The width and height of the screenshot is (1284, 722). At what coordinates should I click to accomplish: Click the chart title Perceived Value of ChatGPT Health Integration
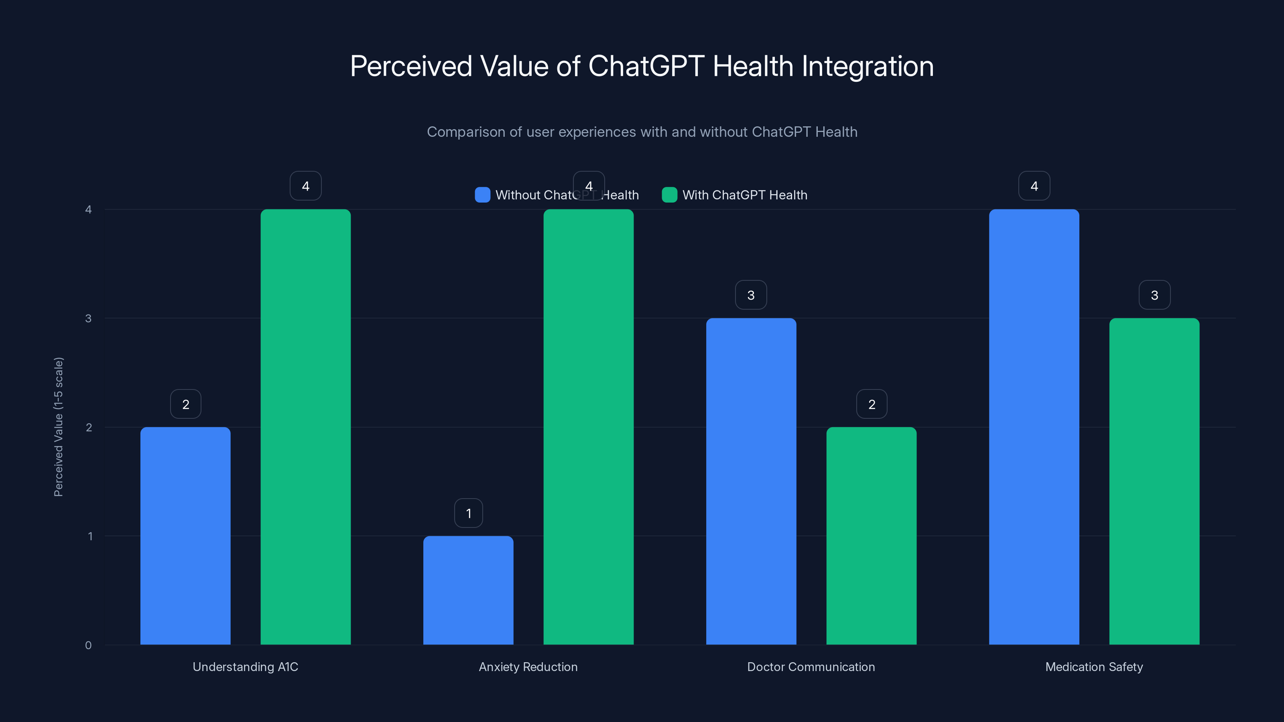point(642,66)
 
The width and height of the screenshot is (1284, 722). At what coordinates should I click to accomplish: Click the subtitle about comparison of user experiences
point(642,132)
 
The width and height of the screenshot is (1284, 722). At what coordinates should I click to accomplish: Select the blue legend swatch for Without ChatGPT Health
point(482,195)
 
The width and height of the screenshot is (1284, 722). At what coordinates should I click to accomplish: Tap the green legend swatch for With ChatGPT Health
point(669,195)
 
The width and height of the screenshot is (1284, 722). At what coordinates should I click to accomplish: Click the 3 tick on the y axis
point(88,318)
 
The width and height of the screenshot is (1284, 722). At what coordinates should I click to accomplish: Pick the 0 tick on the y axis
point(88,645)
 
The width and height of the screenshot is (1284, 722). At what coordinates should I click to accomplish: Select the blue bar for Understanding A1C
point(185,535)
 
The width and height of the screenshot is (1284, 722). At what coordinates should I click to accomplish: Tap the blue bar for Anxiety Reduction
point(468,590)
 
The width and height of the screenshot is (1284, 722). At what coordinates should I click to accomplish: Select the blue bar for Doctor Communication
point(751,481)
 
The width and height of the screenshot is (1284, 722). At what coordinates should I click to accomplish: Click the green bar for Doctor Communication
point(871,535)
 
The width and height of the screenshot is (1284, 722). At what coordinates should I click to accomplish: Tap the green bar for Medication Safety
point(1154,481)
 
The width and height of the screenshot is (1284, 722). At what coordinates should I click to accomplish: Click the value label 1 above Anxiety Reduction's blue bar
point(468,513)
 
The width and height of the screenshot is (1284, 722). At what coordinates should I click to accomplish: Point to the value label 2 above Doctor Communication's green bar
point(871,404)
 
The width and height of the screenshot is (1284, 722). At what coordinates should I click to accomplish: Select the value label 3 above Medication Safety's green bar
point(1154,295)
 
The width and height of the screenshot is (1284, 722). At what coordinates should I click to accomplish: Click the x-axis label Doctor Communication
point(811,667)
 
